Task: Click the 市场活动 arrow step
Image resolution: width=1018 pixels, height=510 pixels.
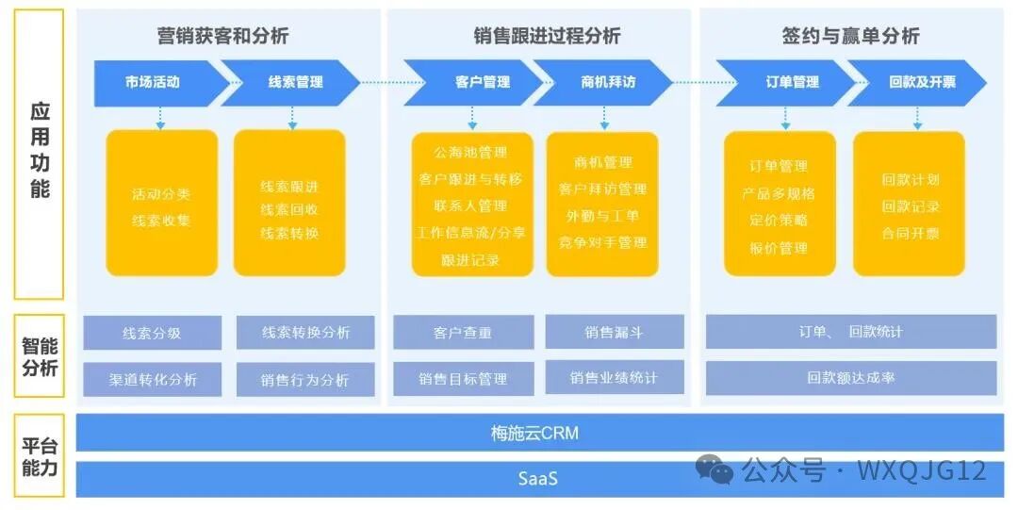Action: (x=153, y=82)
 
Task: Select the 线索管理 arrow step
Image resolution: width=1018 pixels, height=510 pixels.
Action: (x=294, y=82)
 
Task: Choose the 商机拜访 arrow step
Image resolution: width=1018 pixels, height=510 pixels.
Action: (x=607, y=82)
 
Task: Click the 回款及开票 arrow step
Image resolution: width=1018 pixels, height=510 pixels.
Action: (x=920, y=82)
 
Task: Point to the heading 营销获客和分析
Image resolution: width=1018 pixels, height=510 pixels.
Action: (x=222, y=36)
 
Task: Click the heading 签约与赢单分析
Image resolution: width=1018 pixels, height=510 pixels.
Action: (x=850, y=36)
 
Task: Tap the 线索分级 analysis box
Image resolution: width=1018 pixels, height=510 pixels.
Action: (x=152, y=333)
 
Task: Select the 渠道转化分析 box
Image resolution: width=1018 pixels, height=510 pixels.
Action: (x=152, y=379)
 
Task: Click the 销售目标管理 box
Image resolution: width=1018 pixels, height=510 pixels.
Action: (x=462, y=379)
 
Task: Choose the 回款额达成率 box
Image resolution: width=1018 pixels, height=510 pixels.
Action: (x=850, y=378)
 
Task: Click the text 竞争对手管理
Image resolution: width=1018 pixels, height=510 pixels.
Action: (x=602, y=242)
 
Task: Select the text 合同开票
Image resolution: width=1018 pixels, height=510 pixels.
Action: (x=910, y=233)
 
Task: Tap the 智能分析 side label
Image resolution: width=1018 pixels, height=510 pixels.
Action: (x=40, y=356)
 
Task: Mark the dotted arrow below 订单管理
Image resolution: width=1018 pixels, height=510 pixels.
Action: (x=785, y=118)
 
